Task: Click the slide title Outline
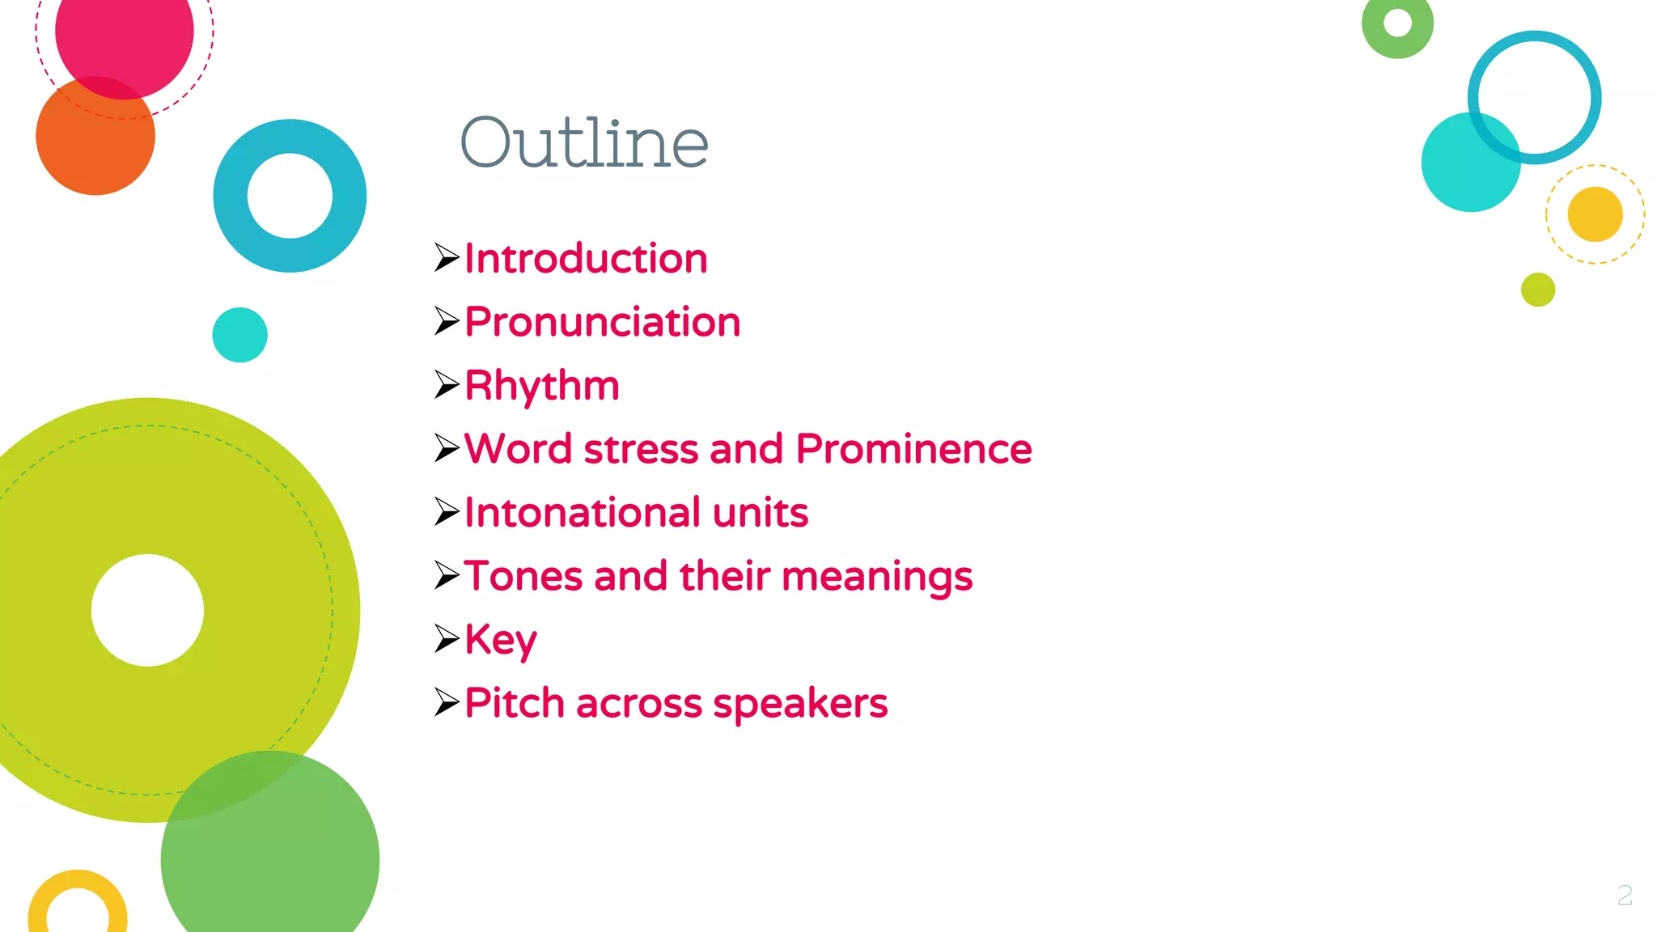click(584, 142)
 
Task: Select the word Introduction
click(586, 259)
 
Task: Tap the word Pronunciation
click(602, 322)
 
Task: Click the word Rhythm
click(541, 385)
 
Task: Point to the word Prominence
click(913, 449)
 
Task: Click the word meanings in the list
click(877, 577)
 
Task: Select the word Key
click(500, 640)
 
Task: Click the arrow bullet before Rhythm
click(447, 385)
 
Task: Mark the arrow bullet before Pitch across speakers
click(447, 702)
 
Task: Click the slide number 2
click(1625, 895)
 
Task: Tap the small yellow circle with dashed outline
click(1595, 214)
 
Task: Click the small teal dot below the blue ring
click(239, 335)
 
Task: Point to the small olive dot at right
click(1537, 290)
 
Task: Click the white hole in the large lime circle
click(147, 610)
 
